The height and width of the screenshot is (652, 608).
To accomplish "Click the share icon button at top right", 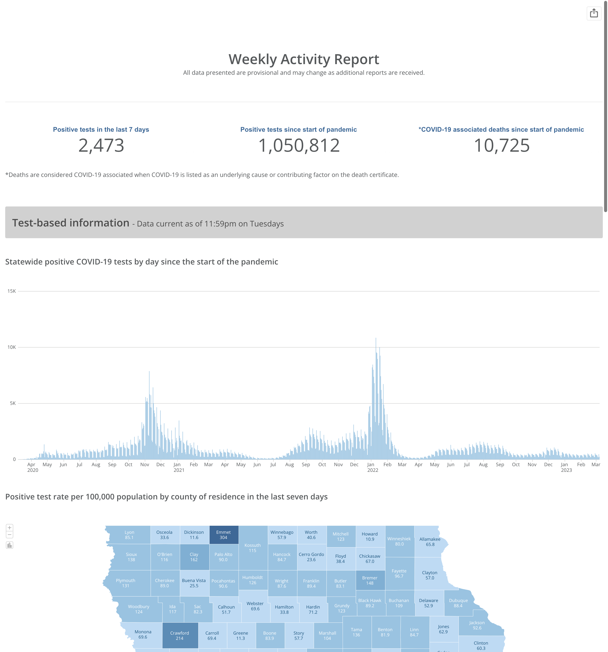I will click(x=594, y=13).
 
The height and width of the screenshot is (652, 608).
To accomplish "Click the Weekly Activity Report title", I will click(x=304, y=59).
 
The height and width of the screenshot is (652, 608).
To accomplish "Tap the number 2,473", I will click(x=101, y=146).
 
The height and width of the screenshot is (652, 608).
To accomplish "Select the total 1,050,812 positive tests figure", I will click(x=299, y=146).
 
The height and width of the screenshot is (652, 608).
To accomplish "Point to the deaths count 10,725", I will click(x=501, y=146).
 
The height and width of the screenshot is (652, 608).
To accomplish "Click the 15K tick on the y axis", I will click(x=12, y=291).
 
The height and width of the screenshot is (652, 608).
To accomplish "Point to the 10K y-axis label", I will click(x=12, y=347).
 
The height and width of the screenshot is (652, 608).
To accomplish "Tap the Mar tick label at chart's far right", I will click(x=596, y=465).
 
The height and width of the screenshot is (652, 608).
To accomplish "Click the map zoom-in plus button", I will click(x=10, y=528).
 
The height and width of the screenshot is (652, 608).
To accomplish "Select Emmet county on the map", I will click(x=223, y=535).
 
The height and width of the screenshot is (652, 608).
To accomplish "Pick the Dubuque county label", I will click(x=458, y=600).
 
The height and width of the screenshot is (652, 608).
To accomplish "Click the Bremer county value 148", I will click(x=370, y=583).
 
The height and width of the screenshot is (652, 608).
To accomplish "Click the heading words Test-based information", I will click(x=71, y=223).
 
